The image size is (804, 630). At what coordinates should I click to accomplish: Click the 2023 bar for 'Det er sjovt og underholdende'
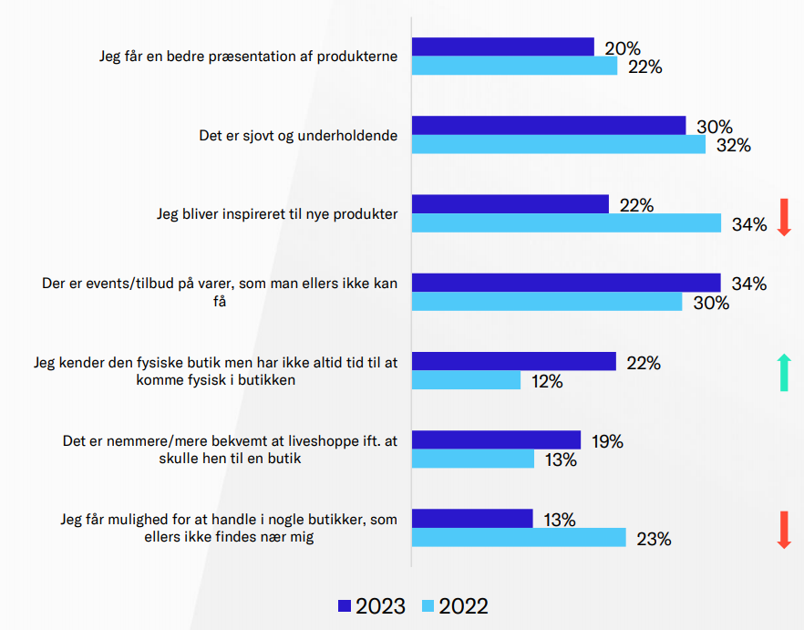click(x=549, y=126)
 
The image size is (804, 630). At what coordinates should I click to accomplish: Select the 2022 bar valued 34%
click(x=566, y=223)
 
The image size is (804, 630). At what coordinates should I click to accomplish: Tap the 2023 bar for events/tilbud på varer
click(x=566, y=284)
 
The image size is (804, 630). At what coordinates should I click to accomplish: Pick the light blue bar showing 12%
click(x=466, y=380)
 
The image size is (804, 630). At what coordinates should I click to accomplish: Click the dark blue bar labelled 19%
click(x=496, y=440)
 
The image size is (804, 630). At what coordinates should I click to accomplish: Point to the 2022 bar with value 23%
click(x=519, y=538)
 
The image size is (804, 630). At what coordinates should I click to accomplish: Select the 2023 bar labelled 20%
click(x=503, y=47)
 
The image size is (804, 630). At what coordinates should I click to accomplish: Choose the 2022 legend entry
click(x=454, y=606)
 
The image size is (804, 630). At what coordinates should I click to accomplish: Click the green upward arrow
click(x=783, y=372)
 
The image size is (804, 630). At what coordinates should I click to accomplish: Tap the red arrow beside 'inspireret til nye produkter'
click(x=783, y=217)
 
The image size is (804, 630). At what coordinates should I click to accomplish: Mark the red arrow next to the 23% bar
click(x=783, y=530)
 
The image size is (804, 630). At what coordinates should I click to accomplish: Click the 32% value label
click(x=732, y=146)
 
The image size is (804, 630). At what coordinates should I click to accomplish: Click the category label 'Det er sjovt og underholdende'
click(x=299, y=136)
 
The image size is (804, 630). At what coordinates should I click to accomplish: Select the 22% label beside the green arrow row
click(x=643, y=363)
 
